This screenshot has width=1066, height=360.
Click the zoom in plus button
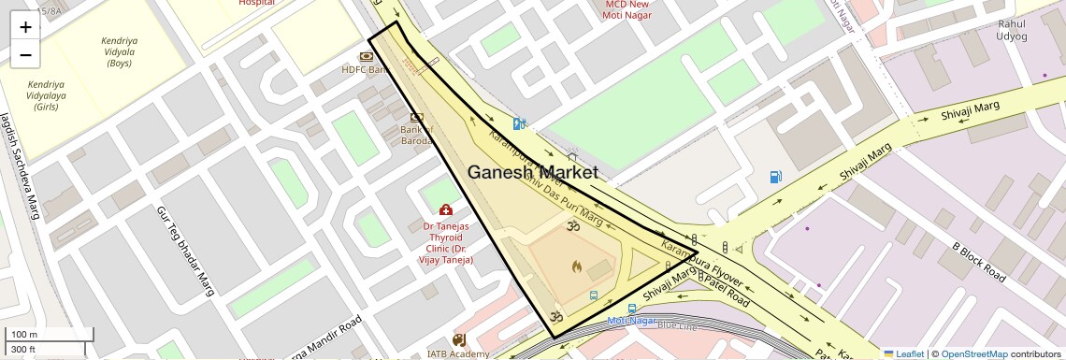tap(25, 27)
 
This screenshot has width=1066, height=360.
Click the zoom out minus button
tap(25, 54)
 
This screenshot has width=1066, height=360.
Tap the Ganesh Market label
tap(532, 173)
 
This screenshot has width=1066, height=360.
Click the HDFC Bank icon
tap(367, 56)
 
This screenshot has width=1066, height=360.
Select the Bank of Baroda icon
tap(416, 117)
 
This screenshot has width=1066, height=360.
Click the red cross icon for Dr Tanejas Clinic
tap(446, 209)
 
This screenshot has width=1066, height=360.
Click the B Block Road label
tap(979, 263)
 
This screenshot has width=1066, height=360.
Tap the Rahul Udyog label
tap(1012, 30)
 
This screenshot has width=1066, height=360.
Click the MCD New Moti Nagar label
tap(627, 9)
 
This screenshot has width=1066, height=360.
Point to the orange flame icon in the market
tap(577, 266)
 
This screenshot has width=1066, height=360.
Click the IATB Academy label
tap(458, 353)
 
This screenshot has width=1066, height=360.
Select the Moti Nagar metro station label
tap(632, 321)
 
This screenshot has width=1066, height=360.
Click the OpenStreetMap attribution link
tap(973, 354)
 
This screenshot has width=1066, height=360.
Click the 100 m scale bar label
tap(24, 335)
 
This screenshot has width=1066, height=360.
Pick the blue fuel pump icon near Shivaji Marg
tap(775, 177)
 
